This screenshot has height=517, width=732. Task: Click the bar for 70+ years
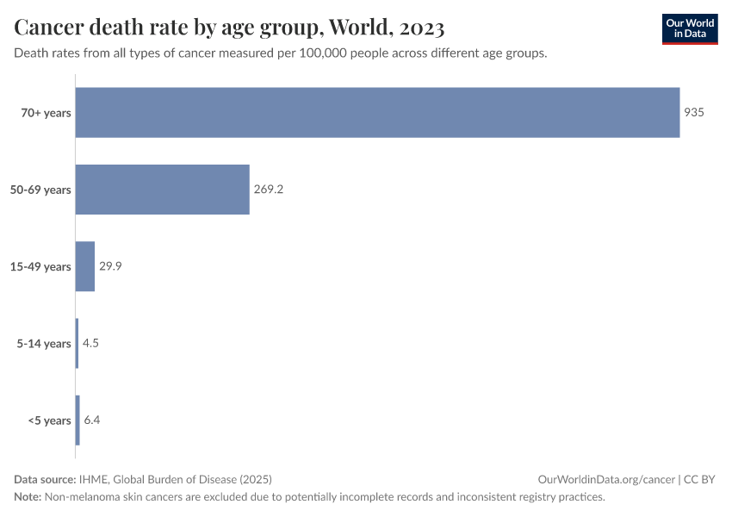(x=377, y=112)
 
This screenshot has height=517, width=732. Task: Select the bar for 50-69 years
(x=162, y=190)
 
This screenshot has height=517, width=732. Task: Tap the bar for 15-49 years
(x=84, y=266)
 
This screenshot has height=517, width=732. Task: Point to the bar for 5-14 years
(x=77, y=343)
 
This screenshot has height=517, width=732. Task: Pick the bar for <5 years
(x=78, y=420)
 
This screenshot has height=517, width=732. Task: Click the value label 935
(x=694, y=112)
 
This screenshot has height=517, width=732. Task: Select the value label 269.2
(x=269, y=190)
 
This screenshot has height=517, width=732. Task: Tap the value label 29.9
(x=110, y=266)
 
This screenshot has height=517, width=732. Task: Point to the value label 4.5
(x=90, y=343)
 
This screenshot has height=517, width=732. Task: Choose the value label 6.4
(x=92, y=420)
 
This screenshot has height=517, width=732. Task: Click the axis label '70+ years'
(x=47, y=112)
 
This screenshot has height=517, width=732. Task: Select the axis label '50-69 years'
(x=41, y=190)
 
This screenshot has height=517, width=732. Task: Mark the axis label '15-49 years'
(x=41, y=266)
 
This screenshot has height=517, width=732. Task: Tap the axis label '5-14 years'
(x=45, y=344)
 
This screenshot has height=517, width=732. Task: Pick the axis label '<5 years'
(x=49, y=420)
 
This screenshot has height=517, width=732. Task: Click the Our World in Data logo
(x=690, y=28)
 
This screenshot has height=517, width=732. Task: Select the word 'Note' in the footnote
(x=27, y=497)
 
